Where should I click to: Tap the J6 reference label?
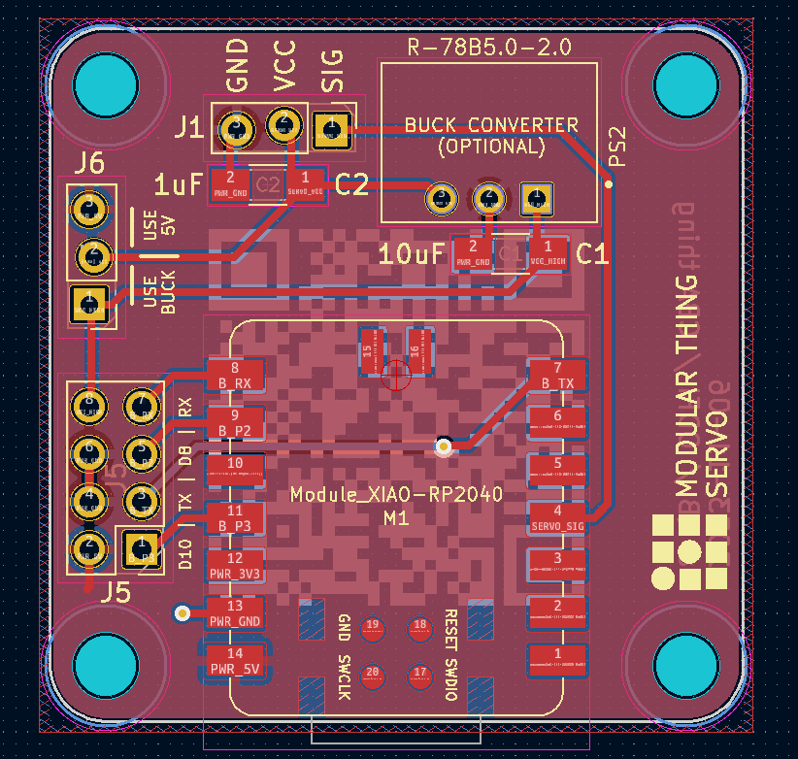point(88,162)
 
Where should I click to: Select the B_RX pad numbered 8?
point(234,376)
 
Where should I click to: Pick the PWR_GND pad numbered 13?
point(234,612)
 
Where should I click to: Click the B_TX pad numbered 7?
point(558,376)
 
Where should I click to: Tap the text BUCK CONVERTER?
point(490,125)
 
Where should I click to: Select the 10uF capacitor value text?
point(412,254)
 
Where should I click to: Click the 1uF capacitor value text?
point(178,182)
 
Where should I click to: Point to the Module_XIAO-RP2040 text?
point(396,494)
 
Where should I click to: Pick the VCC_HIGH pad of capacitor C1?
point(548,252)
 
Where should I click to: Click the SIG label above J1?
point(332,73)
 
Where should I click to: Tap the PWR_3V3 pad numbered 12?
point(234,565)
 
